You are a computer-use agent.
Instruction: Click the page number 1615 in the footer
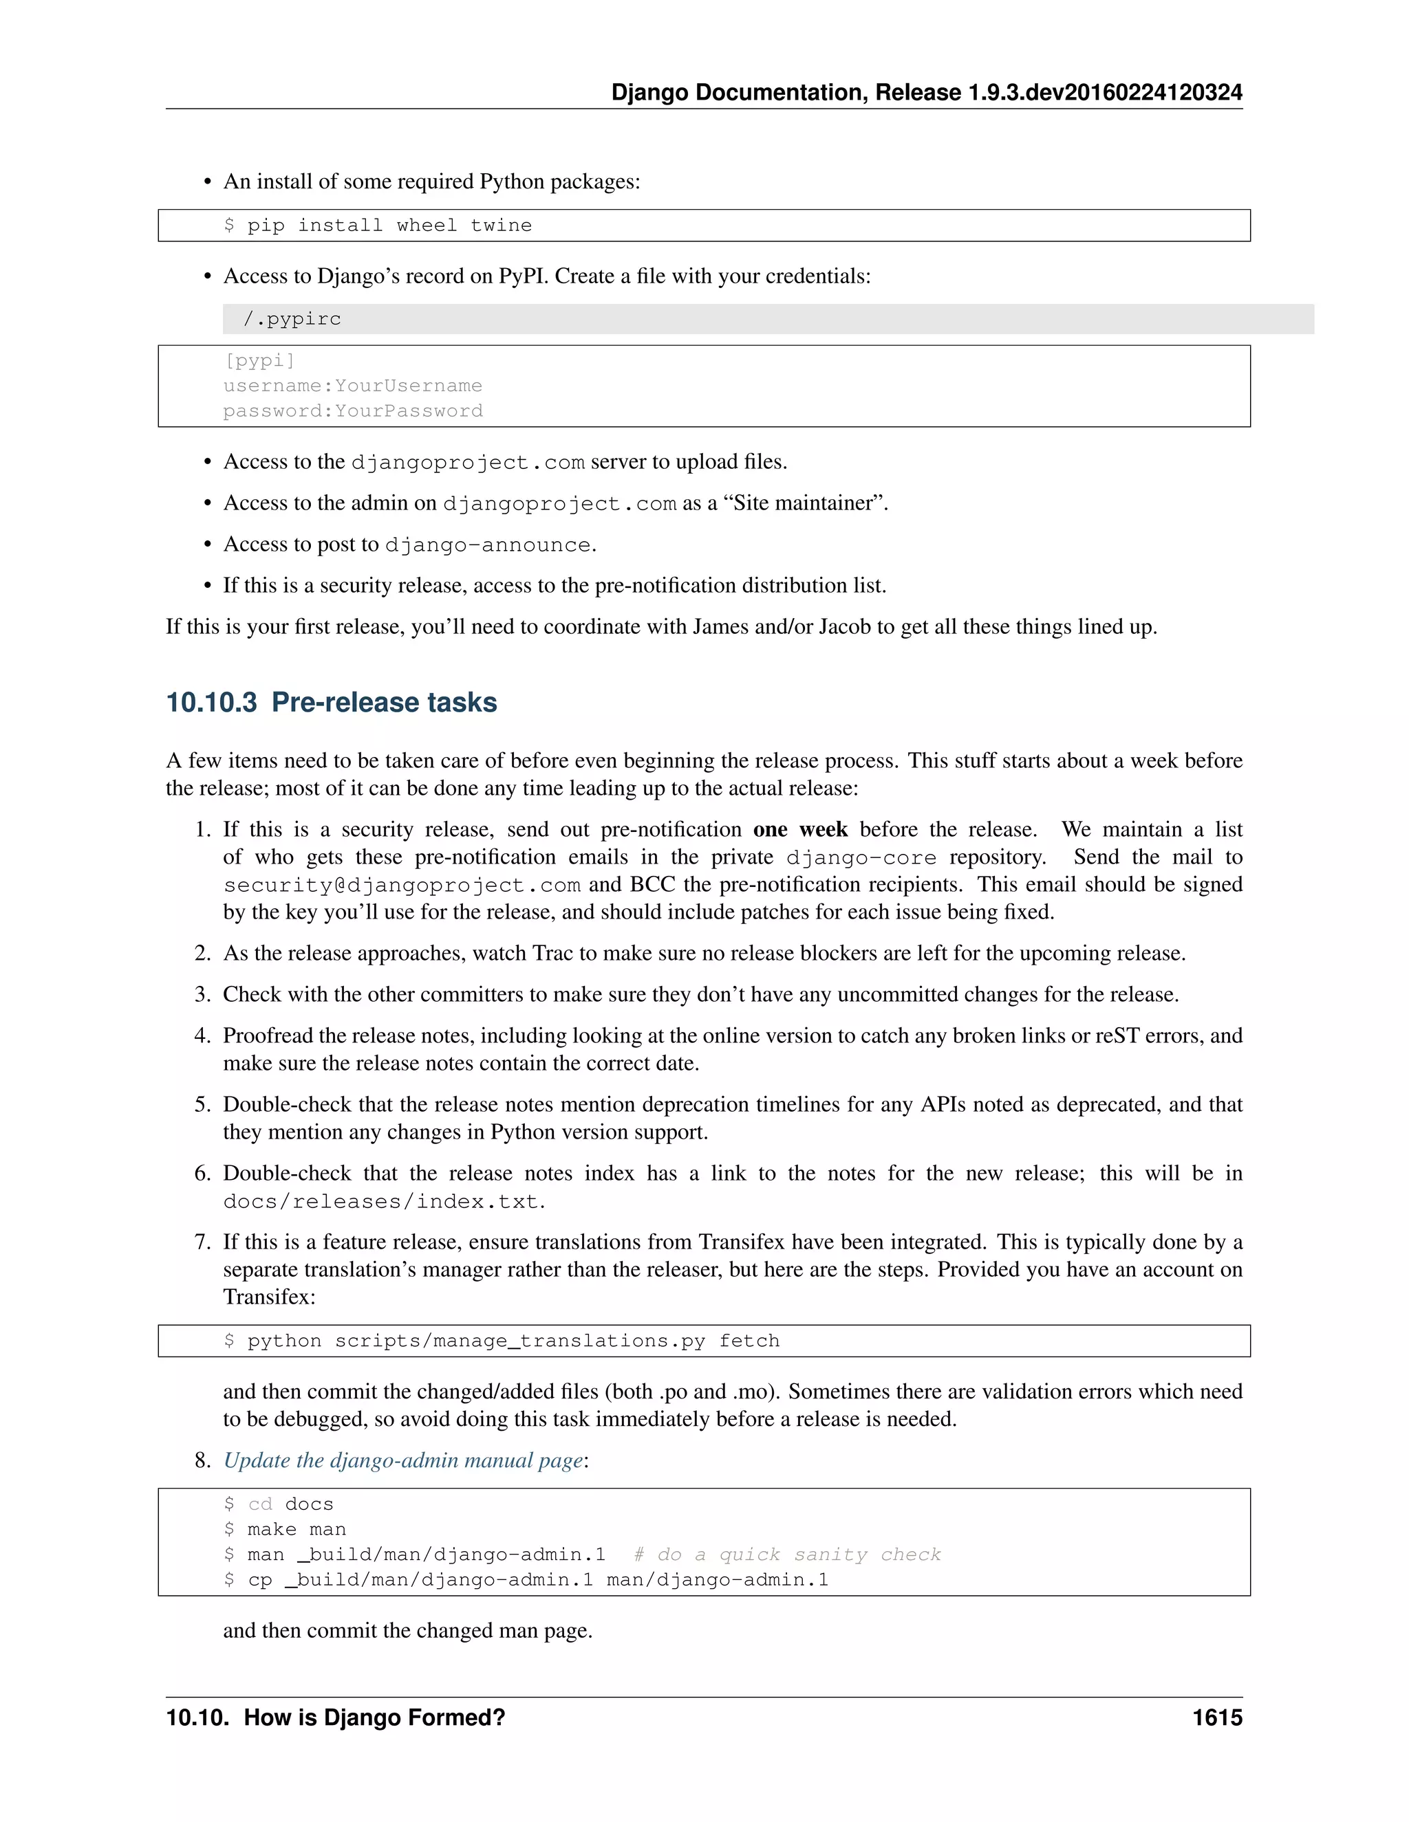point(1216,1717)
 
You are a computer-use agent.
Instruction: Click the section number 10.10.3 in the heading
point(211,703)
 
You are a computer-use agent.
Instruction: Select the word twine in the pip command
point(501,226)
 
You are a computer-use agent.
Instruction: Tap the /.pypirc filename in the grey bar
point(292,319)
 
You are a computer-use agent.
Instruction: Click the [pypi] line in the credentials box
point(259,360)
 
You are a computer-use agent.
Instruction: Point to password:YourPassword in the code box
point(352,410)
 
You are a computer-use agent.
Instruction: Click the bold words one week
point(799,829)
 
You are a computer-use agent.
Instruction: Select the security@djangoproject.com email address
point(402,885)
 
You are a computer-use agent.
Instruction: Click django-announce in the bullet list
point(488,545)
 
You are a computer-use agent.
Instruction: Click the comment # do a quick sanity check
point(786,1555)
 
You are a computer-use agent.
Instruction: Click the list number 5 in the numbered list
point(202,1105)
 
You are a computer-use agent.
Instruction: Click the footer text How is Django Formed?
point(374,1717)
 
